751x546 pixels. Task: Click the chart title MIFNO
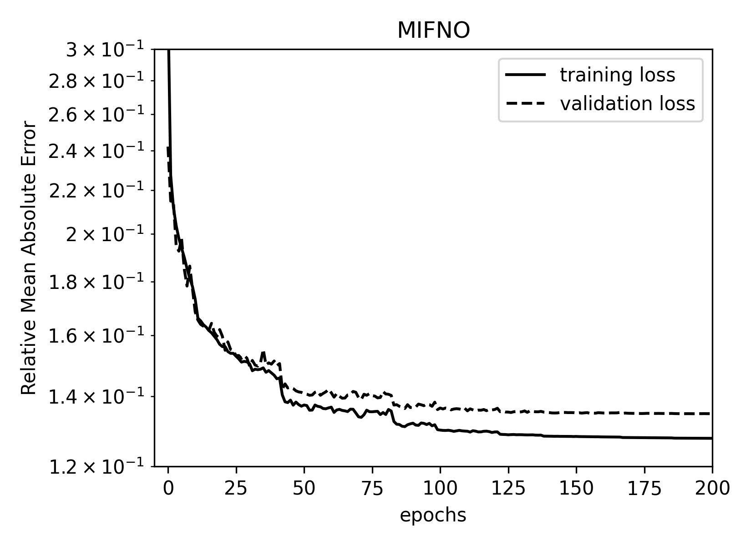point(433,31)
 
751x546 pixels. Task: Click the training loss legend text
point(617,75)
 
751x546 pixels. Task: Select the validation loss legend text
point(627,104)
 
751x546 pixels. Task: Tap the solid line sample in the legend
point(526,75)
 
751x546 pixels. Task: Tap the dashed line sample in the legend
point(526,104)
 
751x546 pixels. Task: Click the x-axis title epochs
point(433,516)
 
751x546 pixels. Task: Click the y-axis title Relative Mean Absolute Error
point(29,258)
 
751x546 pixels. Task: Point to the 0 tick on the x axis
point(168,489)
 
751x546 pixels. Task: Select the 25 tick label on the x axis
point(236,489)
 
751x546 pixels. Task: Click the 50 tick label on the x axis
point(304,489)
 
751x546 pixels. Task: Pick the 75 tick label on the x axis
point(372,489)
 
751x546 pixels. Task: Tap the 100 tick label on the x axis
point(440,489)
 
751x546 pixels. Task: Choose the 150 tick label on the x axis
point(576,489)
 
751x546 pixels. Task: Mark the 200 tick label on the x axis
point(712,489)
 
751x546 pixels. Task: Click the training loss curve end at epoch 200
point(711,438)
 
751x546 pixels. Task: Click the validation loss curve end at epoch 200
point(711,414)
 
